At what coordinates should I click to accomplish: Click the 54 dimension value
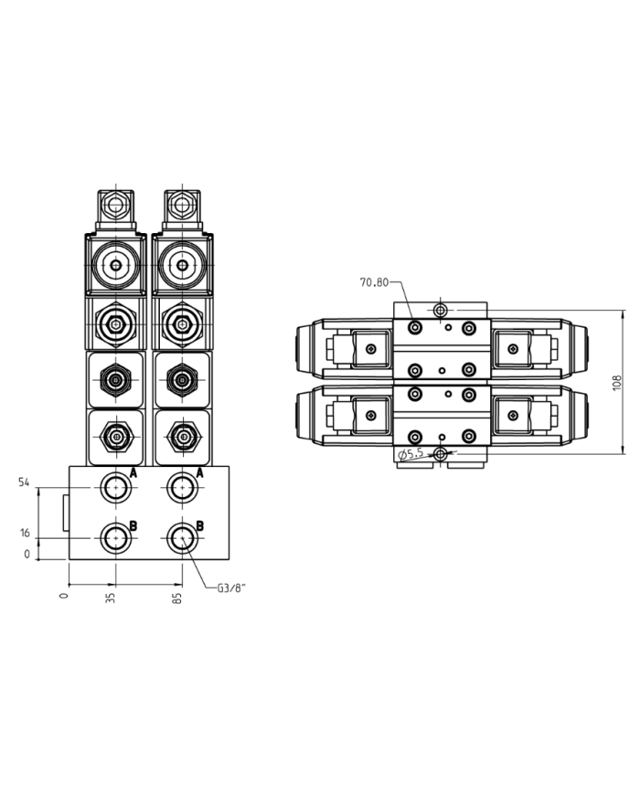tap(25, 482)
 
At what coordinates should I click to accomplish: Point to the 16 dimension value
tap(25, 533)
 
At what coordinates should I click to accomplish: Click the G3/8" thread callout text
tap(230, 588)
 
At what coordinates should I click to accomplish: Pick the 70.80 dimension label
tap(375, 282)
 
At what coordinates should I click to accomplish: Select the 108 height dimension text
tap(617, 382)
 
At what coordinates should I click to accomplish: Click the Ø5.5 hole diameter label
tap(413, 454)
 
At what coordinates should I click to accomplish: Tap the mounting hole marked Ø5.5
tap(441, 454)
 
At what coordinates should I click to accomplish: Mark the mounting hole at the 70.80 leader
tap(441, 311)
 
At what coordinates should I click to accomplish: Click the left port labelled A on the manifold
tap(115, 487)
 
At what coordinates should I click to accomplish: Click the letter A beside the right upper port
tap(200, 473)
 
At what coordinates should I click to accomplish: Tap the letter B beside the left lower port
tap(133, 525)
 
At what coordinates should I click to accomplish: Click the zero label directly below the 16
tap(27, 554)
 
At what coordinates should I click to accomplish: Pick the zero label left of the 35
tap(63, 595)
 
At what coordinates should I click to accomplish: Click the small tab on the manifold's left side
tap(64, 512)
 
